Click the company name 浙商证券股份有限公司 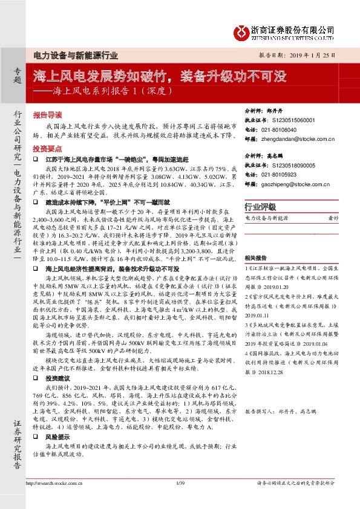(x=293, y=28)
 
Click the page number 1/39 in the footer (x=180, y=482)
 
